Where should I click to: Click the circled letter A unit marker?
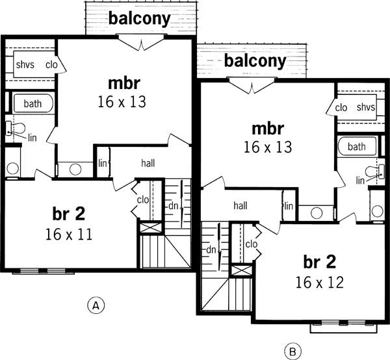tap(96, 303)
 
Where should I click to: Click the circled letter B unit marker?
tap(292, 352)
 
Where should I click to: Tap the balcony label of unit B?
tap(255, 61)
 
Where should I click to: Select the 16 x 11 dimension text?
tap(69, 234)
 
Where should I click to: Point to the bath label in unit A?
tap(32, 104)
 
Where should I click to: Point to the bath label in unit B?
tap(356, 147)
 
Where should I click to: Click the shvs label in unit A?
tap(26, 64)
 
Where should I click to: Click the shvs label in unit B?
tap(366, 107)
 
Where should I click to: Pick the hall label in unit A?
tap(148, 164)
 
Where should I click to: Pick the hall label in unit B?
tap(240, 205)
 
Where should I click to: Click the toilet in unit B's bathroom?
tap(372, 172)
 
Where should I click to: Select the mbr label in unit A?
tap(123, 84)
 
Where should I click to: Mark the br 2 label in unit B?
tap(320, 262)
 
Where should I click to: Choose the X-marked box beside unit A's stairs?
tap(150, 229)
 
